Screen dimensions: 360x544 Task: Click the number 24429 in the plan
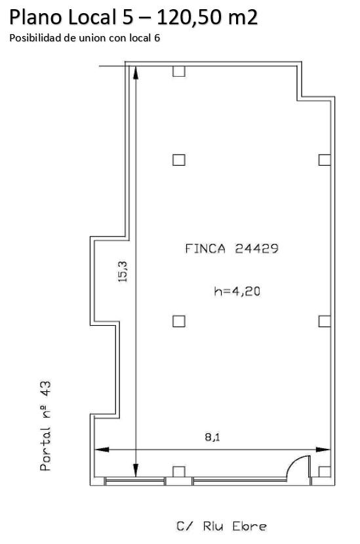point(256,248)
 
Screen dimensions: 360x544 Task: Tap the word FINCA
point(205,248)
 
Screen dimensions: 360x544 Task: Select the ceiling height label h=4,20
point(237,291)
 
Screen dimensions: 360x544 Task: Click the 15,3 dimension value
point(123,271)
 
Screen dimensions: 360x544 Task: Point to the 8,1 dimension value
point(212,437)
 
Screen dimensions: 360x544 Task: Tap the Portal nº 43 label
point(45,425)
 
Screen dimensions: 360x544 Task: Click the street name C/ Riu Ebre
point(222,526)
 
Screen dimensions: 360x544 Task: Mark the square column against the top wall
point(179,71)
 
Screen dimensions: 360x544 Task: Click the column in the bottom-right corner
point(324,472)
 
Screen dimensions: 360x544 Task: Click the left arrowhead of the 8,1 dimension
point(102,450)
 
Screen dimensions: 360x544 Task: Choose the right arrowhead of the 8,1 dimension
point(323,450)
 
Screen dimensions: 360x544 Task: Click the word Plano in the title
point(37,17)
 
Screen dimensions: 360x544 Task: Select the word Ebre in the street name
point(250,526)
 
